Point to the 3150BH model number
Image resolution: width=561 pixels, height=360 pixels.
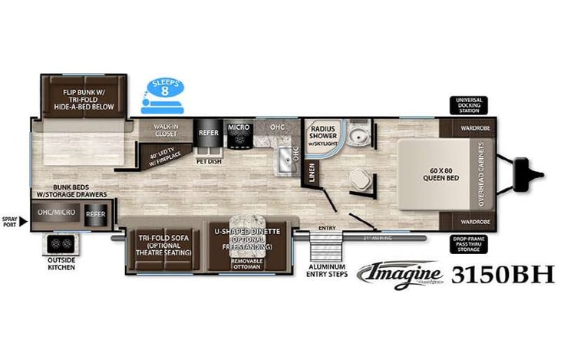[503, 274]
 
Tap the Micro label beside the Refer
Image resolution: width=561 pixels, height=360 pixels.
[236, 126]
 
